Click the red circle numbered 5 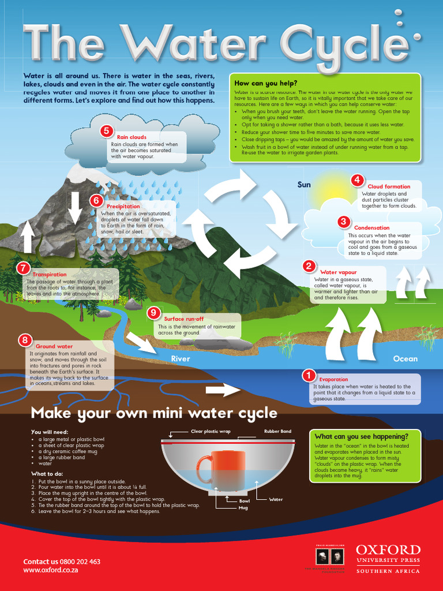106,131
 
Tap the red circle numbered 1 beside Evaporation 309,376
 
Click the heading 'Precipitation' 123,207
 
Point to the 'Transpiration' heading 50,275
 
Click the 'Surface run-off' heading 183,319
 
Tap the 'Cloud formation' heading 389,186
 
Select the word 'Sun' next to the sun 304,185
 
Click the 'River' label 181,359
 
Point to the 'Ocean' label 405,359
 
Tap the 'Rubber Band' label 277,431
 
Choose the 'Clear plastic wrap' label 211,431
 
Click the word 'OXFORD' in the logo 388,549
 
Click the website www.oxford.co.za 51,570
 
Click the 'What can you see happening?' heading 361,436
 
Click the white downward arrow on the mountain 74,208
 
